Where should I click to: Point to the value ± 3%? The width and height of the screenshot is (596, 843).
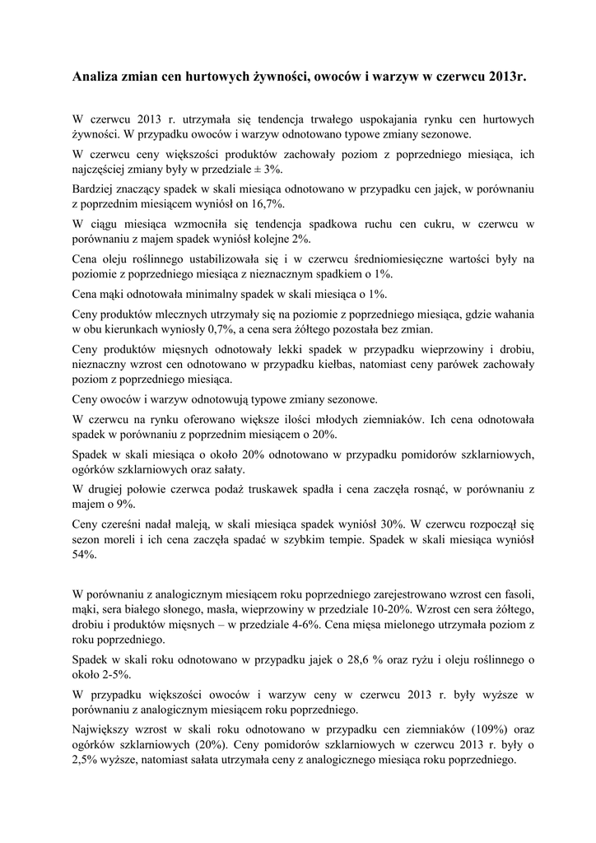(x=268, y=168)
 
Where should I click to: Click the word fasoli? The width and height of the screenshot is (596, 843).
(x=519, y=593)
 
